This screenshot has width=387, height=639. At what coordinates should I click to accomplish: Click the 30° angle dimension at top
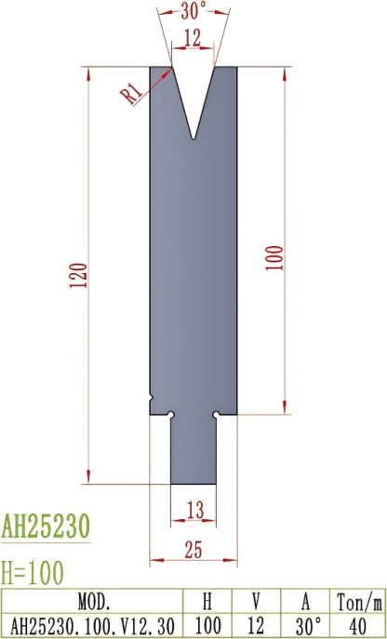(x=193, y=13)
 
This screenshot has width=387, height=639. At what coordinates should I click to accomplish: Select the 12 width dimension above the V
(x=193, y=37)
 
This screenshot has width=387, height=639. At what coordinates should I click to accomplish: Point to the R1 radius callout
(x=131, y=91)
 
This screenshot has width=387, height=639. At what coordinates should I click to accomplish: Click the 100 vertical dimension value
(x=273, y=254)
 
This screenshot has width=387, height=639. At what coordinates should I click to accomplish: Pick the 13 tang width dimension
(x=193, y=508)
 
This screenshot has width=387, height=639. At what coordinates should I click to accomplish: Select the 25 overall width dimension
(x=193, y=550)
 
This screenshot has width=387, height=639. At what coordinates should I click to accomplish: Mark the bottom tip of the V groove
(x=193, y=140)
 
